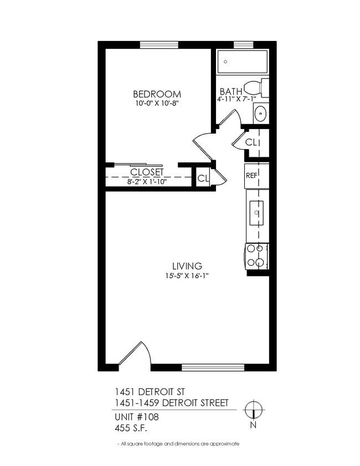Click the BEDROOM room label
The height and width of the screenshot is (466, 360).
pyautogui.click(x=157, y=94)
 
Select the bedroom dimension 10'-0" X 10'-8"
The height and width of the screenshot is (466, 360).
pyautogui.click(x=157, y=103)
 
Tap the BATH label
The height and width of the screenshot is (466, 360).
pyautogui.click(x=230, y=91)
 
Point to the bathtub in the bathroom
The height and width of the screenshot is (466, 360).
pyautogui.click(x=242, y=62)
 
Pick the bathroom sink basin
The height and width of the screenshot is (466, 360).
pyautogui.click(x=260, y=114)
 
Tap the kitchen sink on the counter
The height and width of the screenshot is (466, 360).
pyautogui.click(x=257, y=212)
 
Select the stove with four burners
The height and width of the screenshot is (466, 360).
pyautogui.click(x=257, y=257)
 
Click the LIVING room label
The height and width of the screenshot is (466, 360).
pyautogui.click(x=187, y=266)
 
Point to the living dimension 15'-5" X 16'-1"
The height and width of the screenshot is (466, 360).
pyautogui.click(x=187, y=275)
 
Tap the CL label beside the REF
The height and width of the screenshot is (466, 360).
pyautogui.click(x=251, y=142)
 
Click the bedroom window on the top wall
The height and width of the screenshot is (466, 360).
pyautogui.click(x=158, y=45)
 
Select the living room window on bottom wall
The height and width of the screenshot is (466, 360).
pyautogui.click(x=213, y=367)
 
